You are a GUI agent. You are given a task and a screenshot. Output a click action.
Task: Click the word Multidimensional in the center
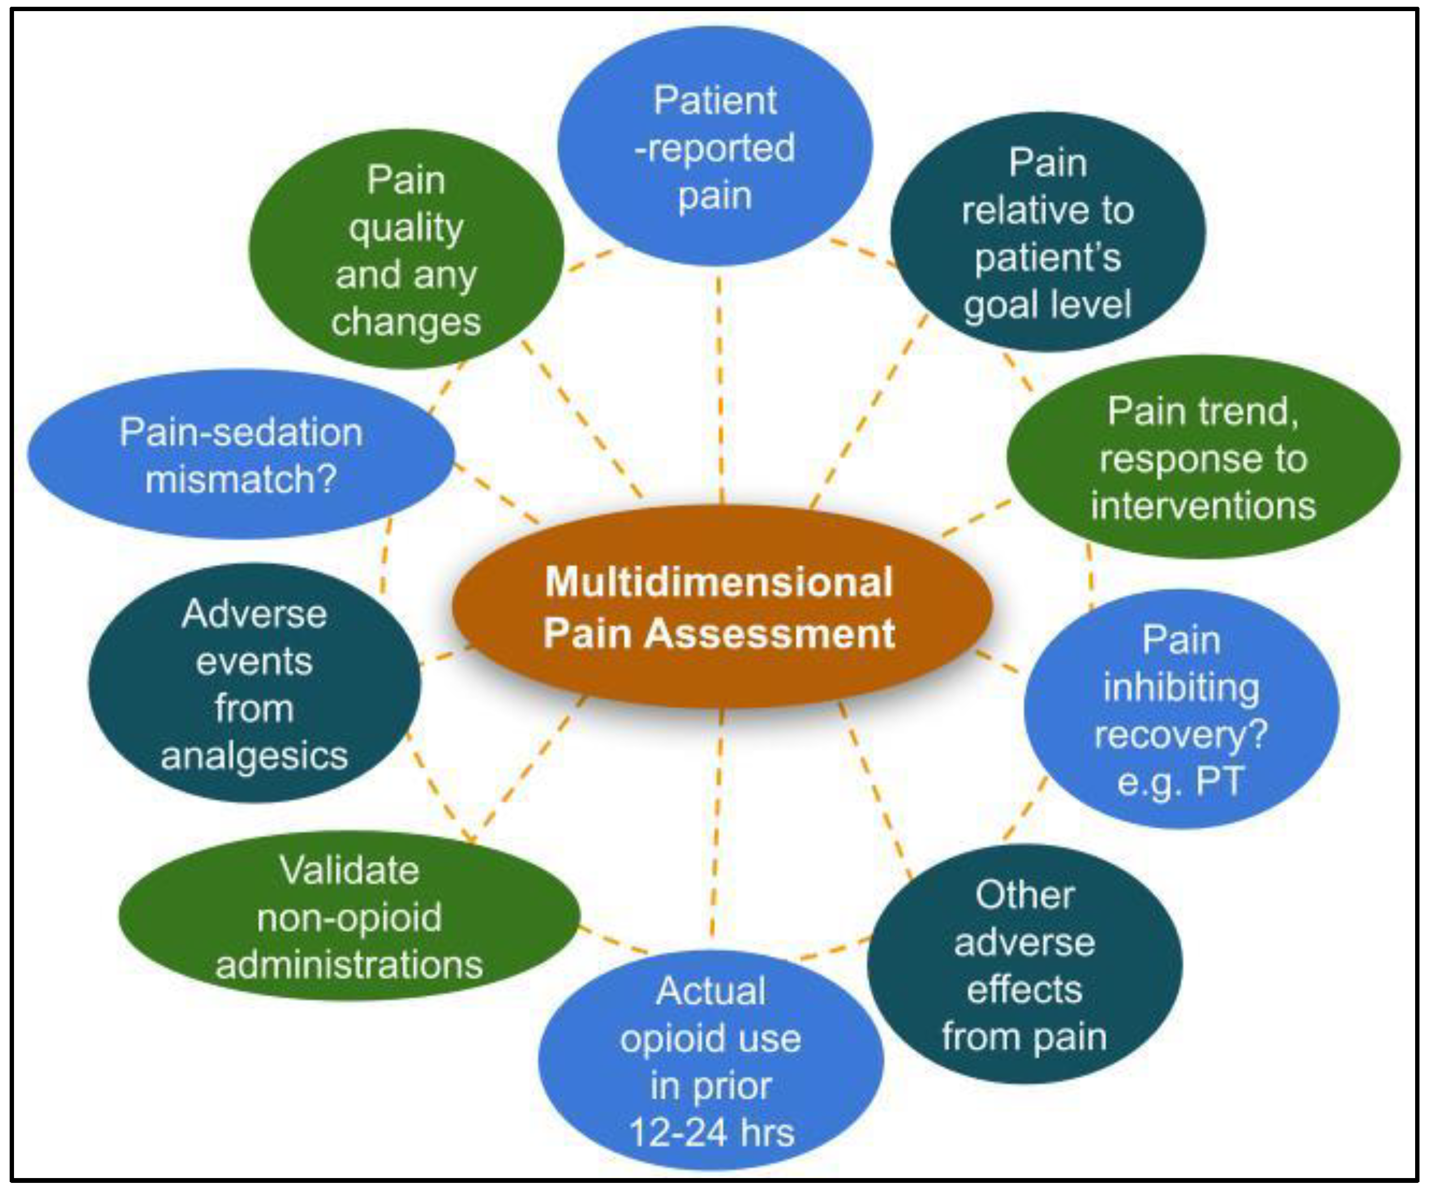click(x=719, y=582)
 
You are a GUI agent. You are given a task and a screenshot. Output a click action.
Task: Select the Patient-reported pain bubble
click(x=714, y=147)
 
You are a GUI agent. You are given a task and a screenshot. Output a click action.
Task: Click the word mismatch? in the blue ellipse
click(x=241, y=479)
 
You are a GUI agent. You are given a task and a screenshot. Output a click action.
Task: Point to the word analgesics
click(x=254, y=756)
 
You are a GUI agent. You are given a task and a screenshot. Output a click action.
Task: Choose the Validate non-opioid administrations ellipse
click(x=349, y=917)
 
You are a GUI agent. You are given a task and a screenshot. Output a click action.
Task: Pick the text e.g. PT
click(x=1180, y=781)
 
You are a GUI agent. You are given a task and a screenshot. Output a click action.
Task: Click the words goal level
click(x=1048, y=304)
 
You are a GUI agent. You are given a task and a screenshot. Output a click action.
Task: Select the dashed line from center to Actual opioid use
click(x=717, y=819)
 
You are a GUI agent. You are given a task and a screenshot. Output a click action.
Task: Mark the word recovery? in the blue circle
click(x=1180, y=734)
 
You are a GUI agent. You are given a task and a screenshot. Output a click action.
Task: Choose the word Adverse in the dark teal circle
click(x=254, y=614)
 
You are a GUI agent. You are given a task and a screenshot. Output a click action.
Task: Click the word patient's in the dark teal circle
click(x=1048, y=258)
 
